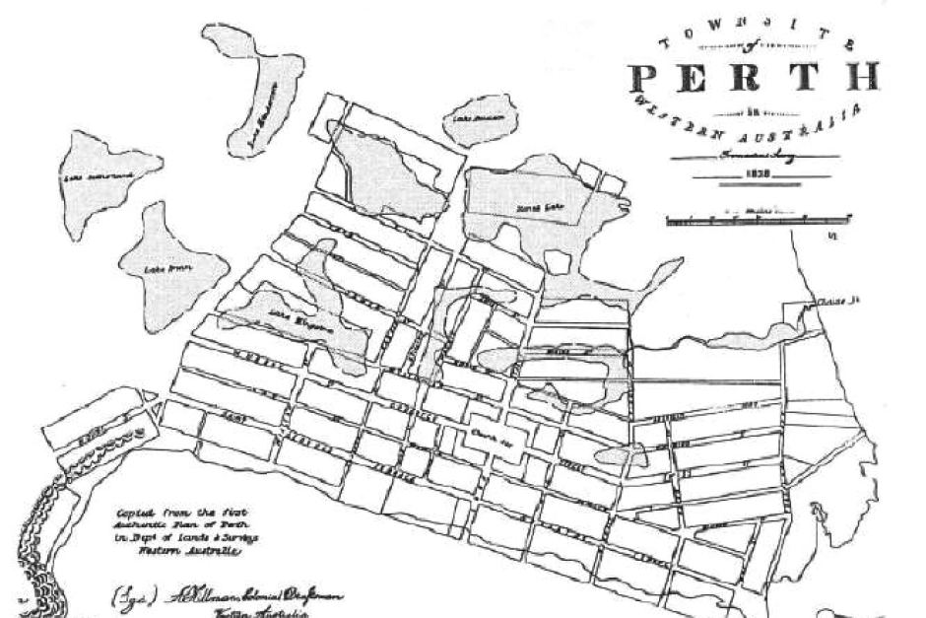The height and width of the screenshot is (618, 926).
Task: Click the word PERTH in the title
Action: [753, 78]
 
